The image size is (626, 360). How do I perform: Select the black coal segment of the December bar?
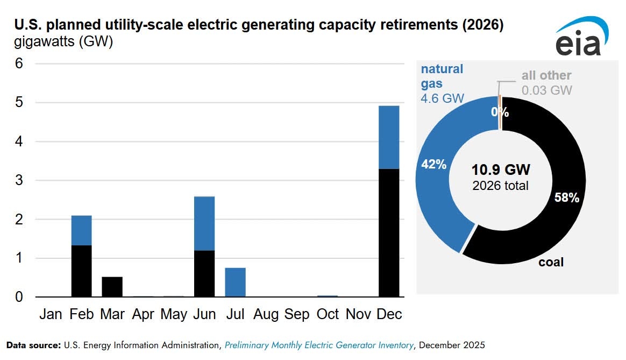click(x=389, y=232)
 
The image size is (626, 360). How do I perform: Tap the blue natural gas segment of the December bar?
click(x=389, y=137)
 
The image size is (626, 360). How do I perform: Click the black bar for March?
click(x=112, y=287)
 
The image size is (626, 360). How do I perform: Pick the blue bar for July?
click(x=235, y=282)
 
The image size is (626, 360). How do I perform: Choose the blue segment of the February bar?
click(x=81, y=230)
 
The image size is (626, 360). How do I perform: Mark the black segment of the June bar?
click(x=204, y=273)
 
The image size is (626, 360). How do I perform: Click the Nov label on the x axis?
click(x=358, y=314)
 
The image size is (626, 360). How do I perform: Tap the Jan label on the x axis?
click(x=51, y=314)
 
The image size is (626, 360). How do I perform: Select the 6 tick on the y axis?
click(x=19, y=63)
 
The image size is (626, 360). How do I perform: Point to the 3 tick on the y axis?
click(x=19, y=180)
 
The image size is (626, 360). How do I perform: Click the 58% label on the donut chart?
click(x=566, y=198)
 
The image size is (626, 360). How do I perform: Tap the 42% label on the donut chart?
click(x=433, y=165)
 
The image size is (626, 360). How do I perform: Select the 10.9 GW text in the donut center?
click(x=501, y=170)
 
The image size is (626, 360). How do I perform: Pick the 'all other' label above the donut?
click(x=546, y=76)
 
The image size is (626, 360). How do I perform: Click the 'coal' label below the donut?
click(x=551, y=262)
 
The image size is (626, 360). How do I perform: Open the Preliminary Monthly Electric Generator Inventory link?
click(x=319, y=344)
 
